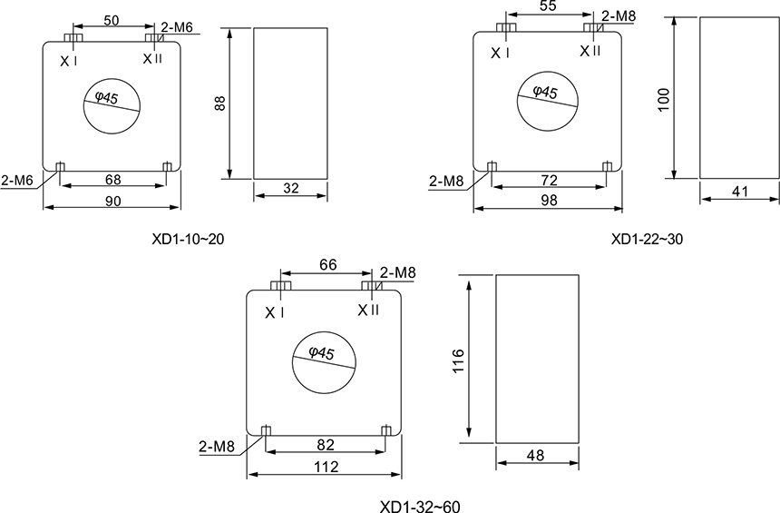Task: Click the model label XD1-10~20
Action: coord(188,240)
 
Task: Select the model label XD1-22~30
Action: coord(648,240)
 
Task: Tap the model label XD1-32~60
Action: coord(420,507)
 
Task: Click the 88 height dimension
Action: coord(220,104)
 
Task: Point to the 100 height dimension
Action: coord(664,100)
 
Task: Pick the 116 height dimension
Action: coord(458,360)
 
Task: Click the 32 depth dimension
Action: coord(291,188)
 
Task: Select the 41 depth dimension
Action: coord(740,192)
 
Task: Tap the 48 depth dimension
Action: coord(535,455)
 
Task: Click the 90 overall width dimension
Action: coord(113,201)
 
